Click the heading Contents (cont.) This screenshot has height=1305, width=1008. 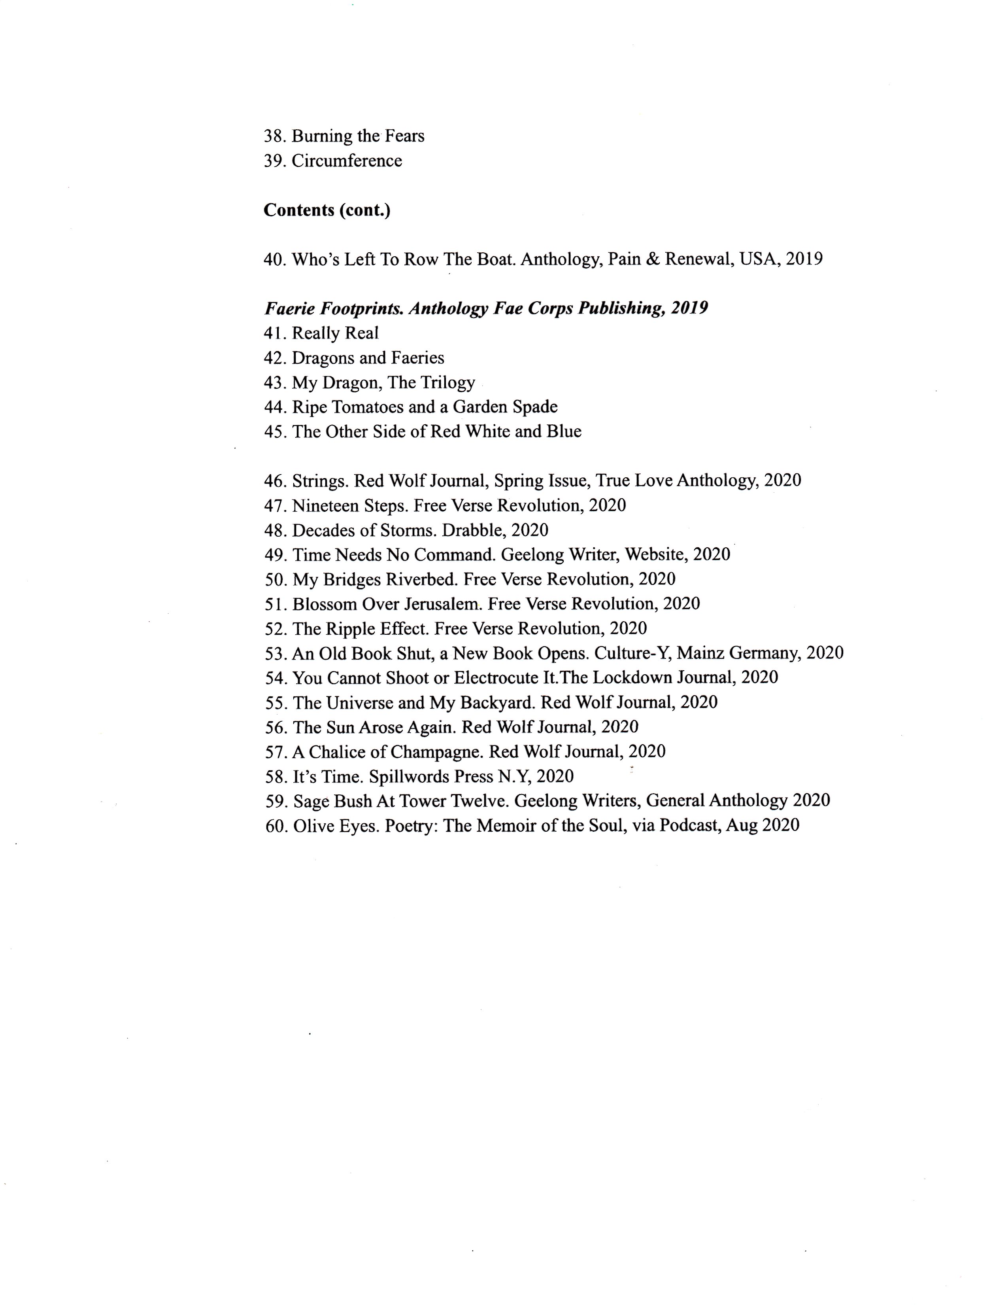pyautogui.click(x=327, y=210)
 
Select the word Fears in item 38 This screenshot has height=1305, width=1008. pyautogui.click(x=404, y=136)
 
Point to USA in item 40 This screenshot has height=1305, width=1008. pyautogui.click(x=759, y=259)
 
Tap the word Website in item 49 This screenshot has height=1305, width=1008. pyautogui.click(x=656, y=554)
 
